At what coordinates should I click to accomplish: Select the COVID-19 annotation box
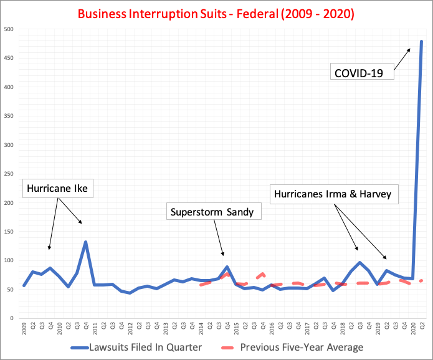point(364,73)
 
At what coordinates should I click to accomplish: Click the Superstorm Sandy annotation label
point(212,212)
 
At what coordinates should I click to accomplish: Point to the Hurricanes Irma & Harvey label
point(333,194)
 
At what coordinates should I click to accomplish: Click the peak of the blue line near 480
point(421,42)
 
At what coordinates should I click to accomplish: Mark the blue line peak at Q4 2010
point(85,242)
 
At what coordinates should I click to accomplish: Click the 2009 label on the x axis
point(24,329)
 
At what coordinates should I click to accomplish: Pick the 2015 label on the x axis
point(236,329)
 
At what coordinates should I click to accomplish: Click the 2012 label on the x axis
point(130,329)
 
